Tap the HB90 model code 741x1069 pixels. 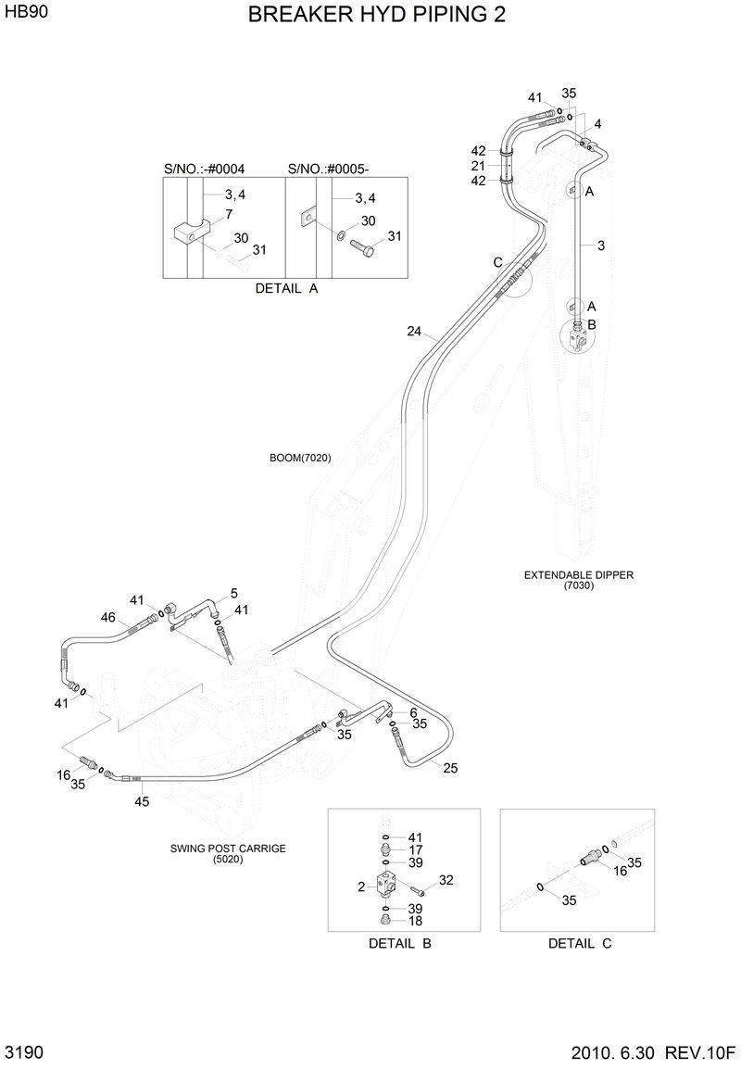(27, 14)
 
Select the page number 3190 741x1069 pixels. (24, 1053)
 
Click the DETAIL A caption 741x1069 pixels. (286, 288)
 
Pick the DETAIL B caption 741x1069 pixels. (400, 944)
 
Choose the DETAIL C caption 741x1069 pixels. (580, 944)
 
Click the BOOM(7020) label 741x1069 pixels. (300, 458)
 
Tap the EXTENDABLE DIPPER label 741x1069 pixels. (579, 575)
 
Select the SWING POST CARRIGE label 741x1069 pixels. (228, 848)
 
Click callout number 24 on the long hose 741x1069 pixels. (414, 331)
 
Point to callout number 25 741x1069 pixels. (450, 768)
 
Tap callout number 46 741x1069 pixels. (107, 618)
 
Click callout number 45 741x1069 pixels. (142, 802)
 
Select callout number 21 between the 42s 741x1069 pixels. (478, 166)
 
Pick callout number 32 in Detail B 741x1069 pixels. (446, 880)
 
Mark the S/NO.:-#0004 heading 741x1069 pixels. (204, 169)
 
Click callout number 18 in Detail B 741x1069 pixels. (416, 922)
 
